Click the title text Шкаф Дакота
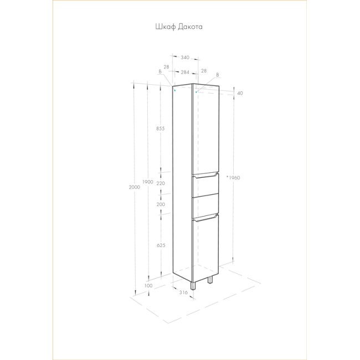(x=179, y=27)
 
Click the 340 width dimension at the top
(x=185, y=58)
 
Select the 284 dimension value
(x=185, y=73)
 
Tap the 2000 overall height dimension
(x=135, y=187)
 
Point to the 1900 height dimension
(x=148, y=182)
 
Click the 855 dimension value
(x=161, y=128)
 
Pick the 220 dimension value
(x=161, y=183)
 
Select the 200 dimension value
(x=161, y=204)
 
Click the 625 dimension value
(x=161, y=245)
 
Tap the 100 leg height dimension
(x=148, y=286)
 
